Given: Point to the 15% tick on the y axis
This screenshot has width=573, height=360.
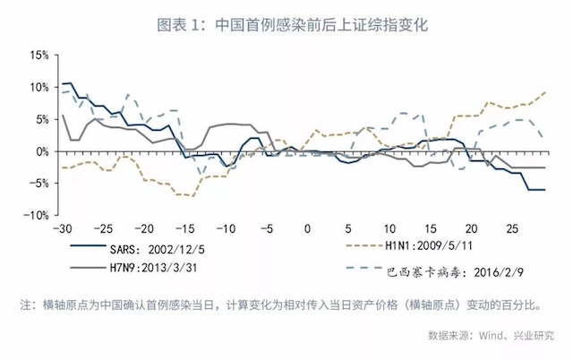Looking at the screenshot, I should coord(38,55).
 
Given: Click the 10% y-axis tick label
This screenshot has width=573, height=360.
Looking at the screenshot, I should coord(38,87).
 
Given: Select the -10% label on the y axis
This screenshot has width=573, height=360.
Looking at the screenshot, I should coord(36,216).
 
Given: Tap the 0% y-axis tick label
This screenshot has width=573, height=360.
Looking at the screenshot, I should coord(41,151).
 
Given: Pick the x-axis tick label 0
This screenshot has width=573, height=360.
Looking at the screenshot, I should coord(306,227).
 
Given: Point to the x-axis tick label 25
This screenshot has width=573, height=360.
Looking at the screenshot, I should coord(511,227).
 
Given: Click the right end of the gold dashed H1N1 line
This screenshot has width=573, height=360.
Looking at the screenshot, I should coord(545,92).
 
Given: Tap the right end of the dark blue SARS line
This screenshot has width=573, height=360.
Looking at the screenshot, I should coord(545,189).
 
